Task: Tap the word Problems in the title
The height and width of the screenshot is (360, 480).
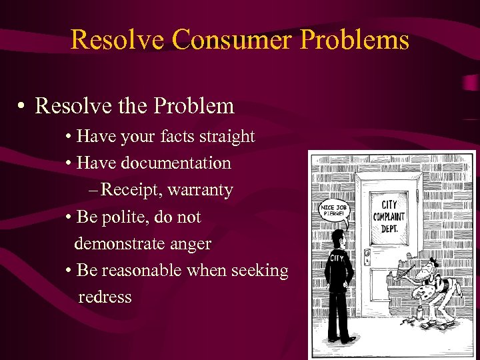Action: click(355, 39)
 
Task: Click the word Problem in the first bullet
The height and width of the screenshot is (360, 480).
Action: click(201, 105)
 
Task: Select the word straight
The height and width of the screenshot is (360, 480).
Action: click(224, 137)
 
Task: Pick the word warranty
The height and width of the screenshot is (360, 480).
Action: click(201, 190)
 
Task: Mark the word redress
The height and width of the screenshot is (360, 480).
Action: click(105, 297)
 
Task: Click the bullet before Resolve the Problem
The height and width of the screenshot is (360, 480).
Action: click(22, 106)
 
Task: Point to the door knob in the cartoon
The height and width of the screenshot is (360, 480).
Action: click(367, 255)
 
